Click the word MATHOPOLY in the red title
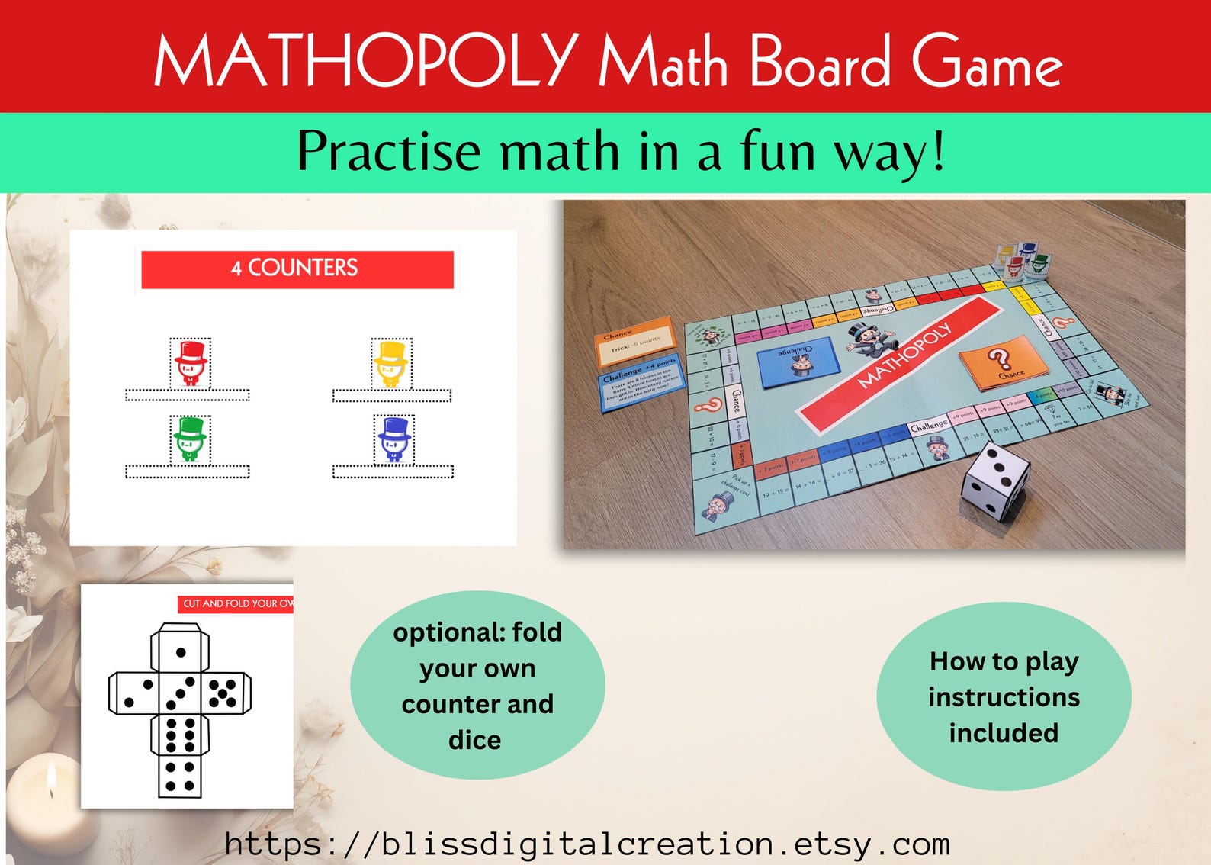(366, 61)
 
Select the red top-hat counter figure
(190, 364)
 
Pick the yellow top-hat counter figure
(391, 364)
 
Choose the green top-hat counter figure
(190, 440)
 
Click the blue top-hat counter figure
(393, 440)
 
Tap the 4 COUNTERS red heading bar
(297, 269)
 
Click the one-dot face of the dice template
(181, 651)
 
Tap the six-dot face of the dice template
(180, 735)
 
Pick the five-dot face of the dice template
(223, 693)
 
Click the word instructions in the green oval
(1004, 697)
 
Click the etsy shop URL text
(587, 844)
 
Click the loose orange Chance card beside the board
(634, 341)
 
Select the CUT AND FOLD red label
(236, 603)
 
